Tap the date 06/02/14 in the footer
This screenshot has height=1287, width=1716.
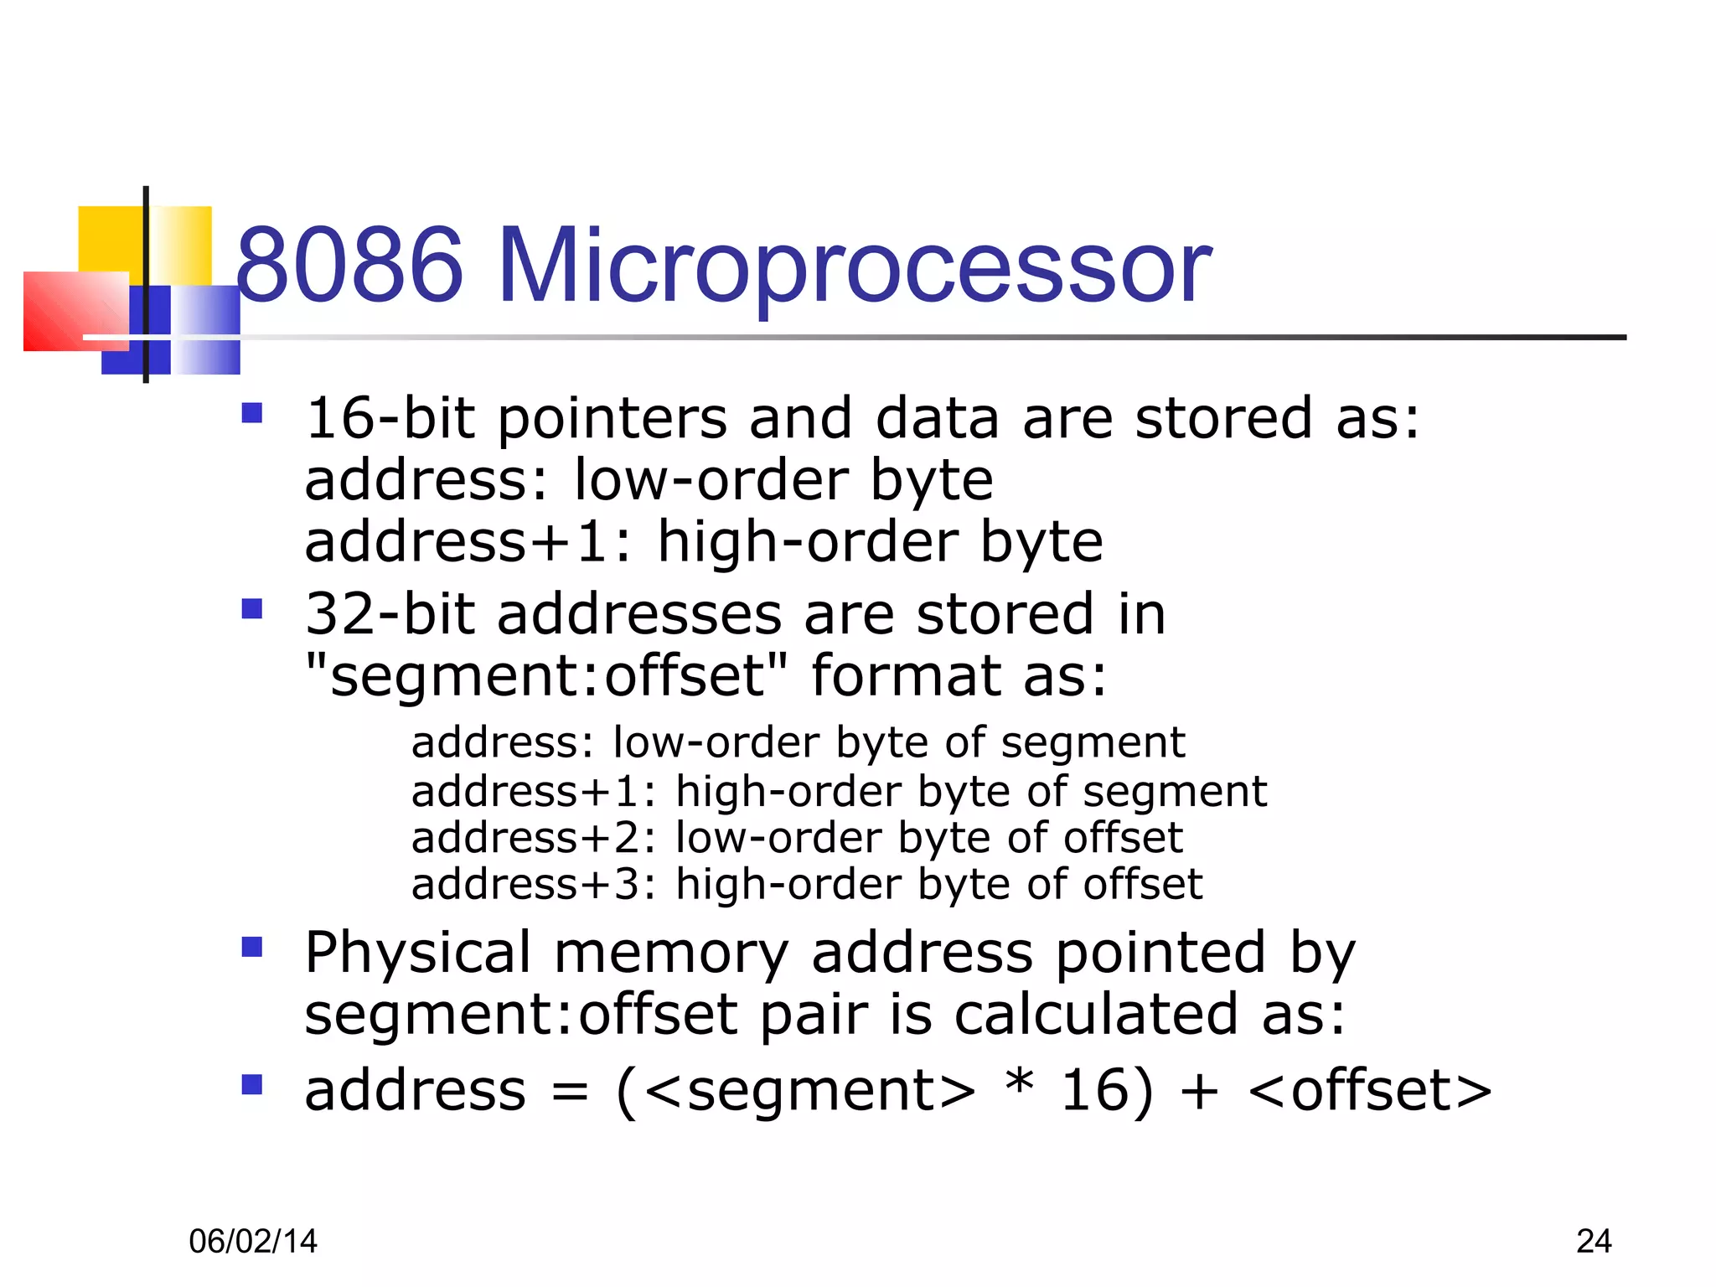(x=253, y=1241)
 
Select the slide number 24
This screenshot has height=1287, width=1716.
(x=1594, y=1241)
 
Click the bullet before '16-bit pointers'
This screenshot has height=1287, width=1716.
(x=252, y=413)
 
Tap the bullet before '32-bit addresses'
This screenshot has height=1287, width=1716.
(x=252, y=608)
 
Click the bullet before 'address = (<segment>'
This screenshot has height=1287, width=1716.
(x=252, y=1085)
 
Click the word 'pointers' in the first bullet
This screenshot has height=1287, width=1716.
(x=612, y=419)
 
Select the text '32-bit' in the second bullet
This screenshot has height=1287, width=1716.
(x=390, y=613)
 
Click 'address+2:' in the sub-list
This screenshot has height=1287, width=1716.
(x=535, y=838)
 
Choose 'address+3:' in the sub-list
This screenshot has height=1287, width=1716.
(x=535, y=885)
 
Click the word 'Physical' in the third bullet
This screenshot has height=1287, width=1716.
(x=418, y=954)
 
